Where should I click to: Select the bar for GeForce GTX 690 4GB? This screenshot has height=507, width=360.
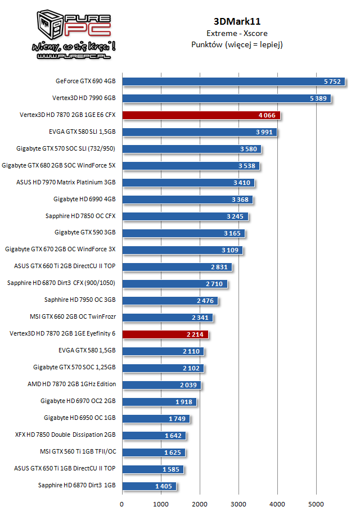coord(225,82)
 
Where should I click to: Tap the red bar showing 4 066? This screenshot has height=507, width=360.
coord(201,115)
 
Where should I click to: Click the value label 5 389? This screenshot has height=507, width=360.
coord(317,98)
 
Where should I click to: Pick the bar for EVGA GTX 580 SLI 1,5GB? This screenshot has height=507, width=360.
coord(199,132)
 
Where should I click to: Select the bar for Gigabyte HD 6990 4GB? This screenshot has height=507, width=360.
coord(187,199)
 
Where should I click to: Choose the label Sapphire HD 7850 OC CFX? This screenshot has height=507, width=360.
coord(80,216)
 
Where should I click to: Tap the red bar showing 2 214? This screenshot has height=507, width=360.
coord(165,334)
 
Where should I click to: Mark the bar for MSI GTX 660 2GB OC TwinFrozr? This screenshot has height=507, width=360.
coord(167,317)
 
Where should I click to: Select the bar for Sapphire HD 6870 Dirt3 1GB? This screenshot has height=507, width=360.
coord(149,486)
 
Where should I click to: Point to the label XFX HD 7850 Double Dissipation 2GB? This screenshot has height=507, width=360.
coord(65,434)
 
